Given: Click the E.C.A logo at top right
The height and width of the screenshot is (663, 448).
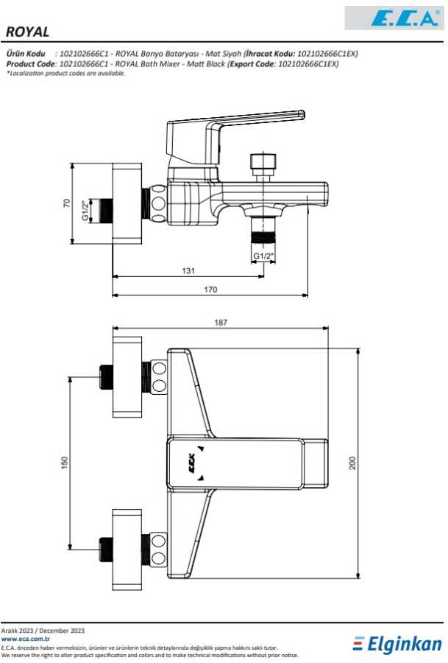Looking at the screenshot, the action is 404,18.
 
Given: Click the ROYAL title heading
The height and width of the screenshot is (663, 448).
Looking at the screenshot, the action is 27,32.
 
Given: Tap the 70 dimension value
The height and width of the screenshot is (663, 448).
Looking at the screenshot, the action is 67,203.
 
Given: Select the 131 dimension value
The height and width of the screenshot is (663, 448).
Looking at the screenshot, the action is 188,270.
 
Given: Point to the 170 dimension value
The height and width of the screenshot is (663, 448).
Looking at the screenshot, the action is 210,290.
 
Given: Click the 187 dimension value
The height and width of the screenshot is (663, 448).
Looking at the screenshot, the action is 221,322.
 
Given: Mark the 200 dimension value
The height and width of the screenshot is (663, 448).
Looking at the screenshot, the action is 353,463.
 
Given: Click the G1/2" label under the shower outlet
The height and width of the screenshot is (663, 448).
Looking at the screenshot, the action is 263,256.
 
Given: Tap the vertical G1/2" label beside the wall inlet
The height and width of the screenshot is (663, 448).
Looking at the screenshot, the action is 86,210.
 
